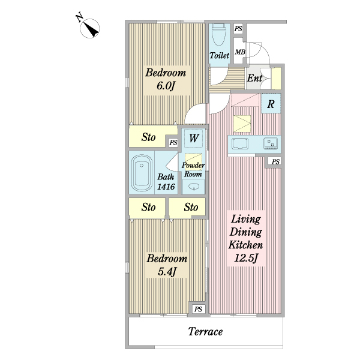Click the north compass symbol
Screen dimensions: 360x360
point(89,28)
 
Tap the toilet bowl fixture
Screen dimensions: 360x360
point(219,35)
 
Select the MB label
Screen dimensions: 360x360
point(240,52)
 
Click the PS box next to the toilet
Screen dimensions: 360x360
point(238,29)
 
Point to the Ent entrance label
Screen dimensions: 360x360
point(254,78)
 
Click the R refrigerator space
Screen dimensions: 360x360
point(271,104)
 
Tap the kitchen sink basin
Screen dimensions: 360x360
point(240,144)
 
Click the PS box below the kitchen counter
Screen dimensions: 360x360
point(275,161)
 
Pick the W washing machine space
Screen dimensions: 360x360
point(194,138)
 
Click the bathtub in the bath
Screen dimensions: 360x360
point(142,173)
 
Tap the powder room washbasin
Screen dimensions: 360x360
point(194,187)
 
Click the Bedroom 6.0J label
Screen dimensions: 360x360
point(166,79)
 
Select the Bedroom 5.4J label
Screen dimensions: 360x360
point(167,265)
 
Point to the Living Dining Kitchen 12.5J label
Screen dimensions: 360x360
point(245,238)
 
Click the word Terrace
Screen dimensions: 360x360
point(205,332)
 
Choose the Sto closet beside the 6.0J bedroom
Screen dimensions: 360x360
point(149,137)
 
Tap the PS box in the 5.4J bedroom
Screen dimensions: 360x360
point(198,309)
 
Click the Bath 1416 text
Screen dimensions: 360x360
point(166,182)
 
